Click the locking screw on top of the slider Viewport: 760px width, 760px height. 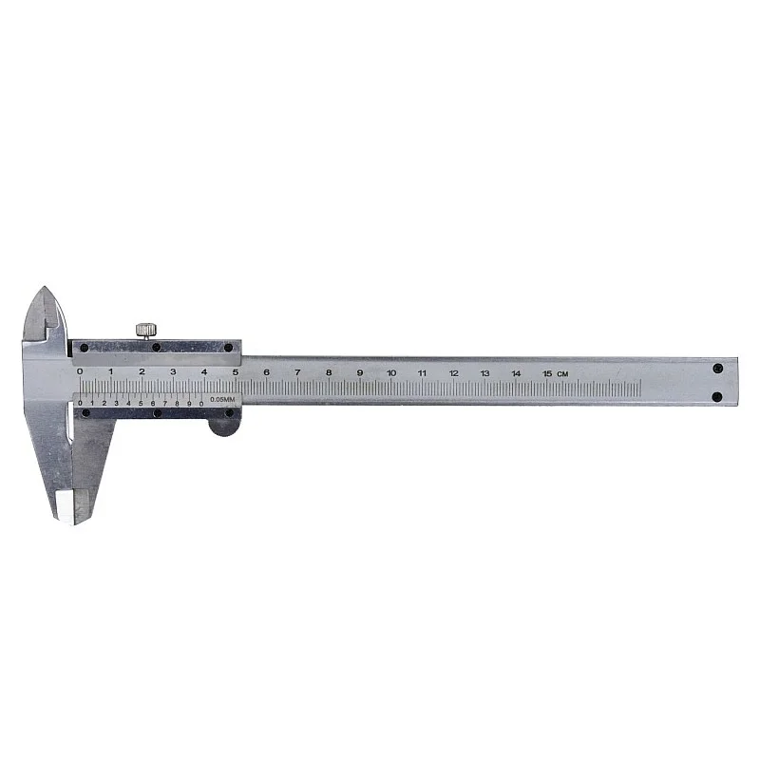point(145,329)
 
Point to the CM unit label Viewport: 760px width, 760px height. point(563,373)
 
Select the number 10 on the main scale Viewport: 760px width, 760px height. point(391,373)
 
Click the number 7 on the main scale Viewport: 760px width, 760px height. point(297,372)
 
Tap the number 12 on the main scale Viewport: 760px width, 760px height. point(454,373)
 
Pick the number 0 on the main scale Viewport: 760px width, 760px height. point(80,371)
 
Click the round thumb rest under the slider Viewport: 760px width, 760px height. point(224,424)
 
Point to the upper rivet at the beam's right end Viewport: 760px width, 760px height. point(717,367)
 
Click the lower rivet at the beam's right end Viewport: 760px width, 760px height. point(717,396)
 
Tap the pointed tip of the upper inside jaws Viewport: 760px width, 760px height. point(44,290)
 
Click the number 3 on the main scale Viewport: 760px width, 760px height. point(173,371)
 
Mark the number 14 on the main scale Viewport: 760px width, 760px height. point(516,373)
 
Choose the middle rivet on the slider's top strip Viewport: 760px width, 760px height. point(157,347)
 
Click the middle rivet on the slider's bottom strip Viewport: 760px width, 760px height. point(154,413)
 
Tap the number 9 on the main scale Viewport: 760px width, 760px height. point(360,373)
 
